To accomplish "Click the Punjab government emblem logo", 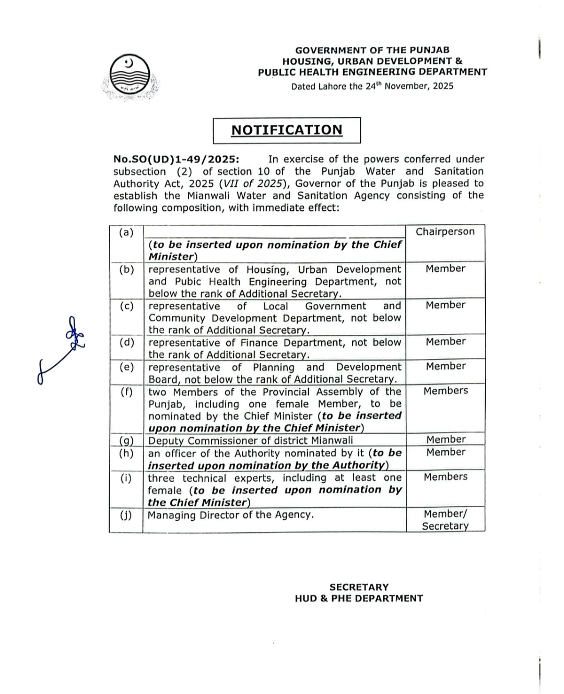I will pos(130,77).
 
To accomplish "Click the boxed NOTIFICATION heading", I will pos(287,130).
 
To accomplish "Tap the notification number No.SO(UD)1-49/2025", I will pos(176,159).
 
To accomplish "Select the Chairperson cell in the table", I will pos(445,232).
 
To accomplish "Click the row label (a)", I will pos(126,233).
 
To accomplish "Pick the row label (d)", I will pos(126,342).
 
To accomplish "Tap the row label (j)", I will pos(126,515).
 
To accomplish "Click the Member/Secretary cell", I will pos(445,520).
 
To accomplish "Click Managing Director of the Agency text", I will pos(231,515).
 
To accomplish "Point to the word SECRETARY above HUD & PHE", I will pos(359,587).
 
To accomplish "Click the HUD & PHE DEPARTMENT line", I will pos(359,599).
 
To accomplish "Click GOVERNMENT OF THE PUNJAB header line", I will pos(372,51).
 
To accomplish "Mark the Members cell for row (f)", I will pos(445,391).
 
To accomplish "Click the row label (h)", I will pos(126,453).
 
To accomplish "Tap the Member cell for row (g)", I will pos(445,439).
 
